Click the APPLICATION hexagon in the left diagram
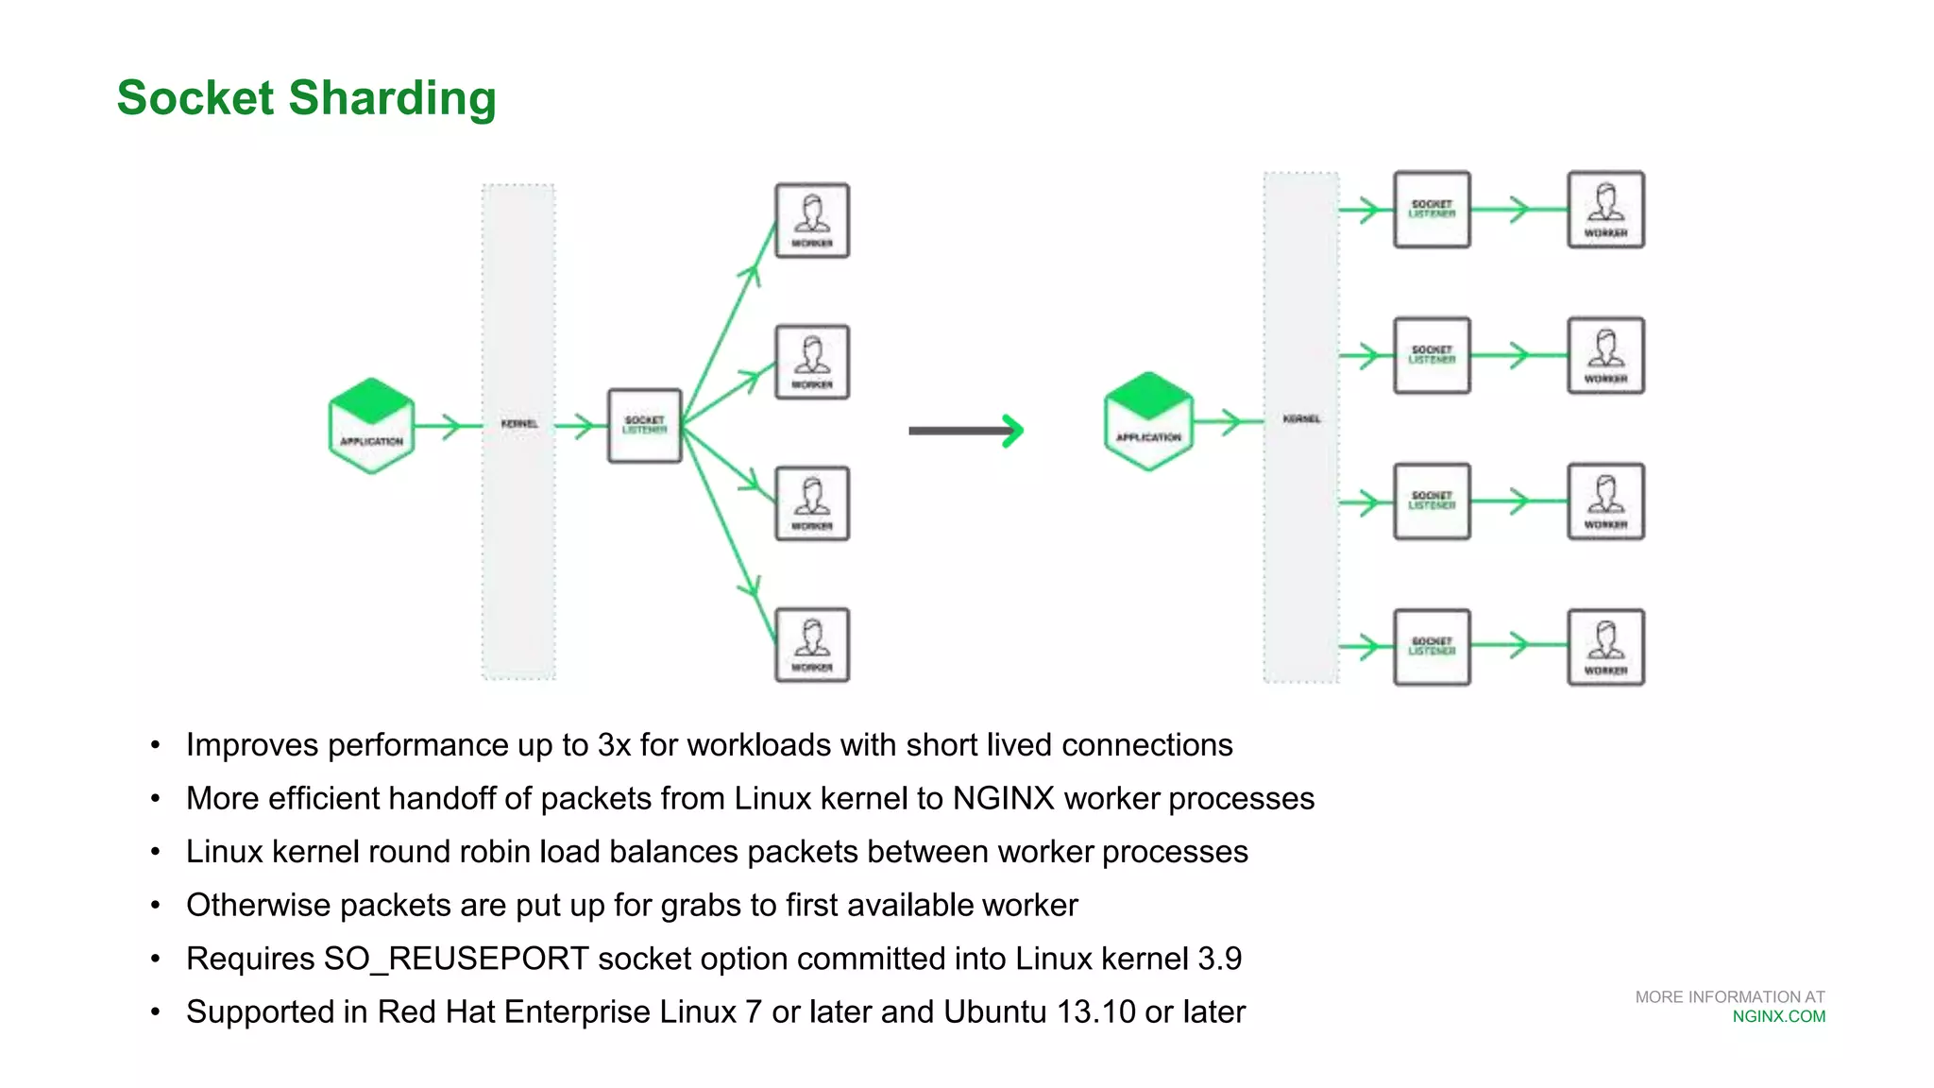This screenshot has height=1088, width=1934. coord(371,426)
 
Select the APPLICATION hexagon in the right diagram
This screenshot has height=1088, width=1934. coord(1148,421)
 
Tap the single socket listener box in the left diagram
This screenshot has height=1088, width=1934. coord(645,425)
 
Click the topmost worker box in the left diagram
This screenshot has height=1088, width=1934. coord(812,221)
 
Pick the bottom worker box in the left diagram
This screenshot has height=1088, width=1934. coord(812,645)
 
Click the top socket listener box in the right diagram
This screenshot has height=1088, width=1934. coord(1432,210)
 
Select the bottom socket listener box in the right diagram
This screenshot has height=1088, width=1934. coord(1432,647)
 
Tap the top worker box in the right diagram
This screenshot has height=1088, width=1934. coord(1605,210)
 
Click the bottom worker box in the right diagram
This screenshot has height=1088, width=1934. coord(1605,647)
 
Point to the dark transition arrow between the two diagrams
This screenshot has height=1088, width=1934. coord(965,431)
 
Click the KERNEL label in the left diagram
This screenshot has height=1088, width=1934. coord(519,424)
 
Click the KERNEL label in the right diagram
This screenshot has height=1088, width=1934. coord(1301,418)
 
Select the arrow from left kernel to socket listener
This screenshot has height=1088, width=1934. coord(578,426)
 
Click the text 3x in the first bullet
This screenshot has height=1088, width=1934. coord(614,745)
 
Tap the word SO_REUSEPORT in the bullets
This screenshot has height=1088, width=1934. coord(456,959)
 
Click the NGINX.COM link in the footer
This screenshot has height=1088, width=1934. coord(1778,1016)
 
